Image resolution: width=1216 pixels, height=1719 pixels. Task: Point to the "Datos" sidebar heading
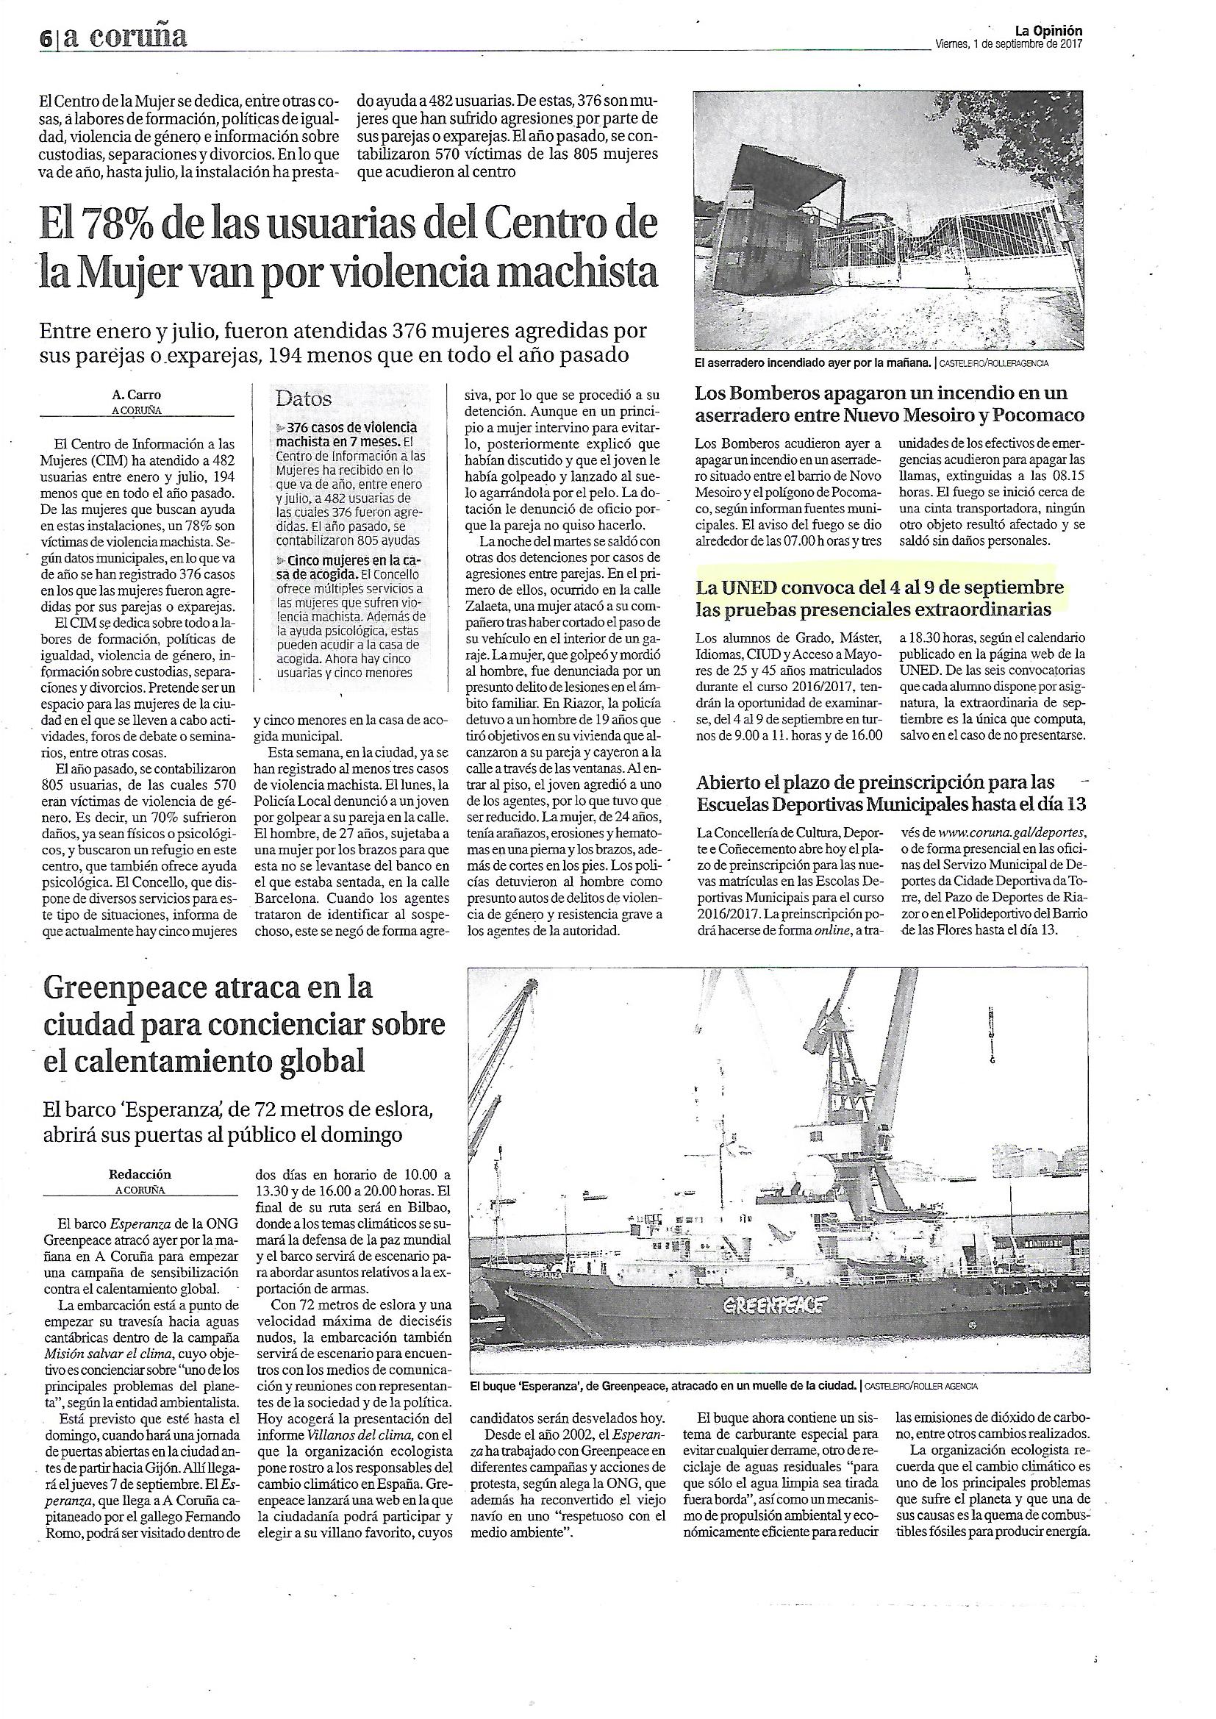(x=303, y=399)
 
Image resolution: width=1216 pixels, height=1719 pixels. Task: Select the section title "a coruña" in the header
(x=125, y=37)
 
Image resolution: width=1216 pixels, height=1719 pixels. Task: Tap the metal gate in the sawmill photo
(x=955, y=247)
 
